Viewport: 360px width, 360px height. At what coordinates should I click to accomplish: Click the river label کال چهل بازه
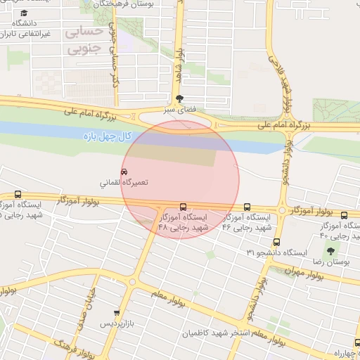(x=105, y=134)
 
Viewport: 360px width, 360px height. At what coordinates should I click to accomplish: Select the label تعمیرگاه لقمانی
(x=124, y=183)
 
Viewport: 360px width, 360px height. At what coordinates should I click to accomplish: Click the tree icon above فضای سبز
(x=180, y=99)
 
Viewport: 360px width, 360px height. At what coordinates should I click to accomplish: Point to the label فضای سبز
(x=179, y=110)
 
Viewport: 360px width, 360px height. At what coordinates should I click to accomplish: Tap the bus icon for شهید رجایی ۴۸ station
(x=184, y=207)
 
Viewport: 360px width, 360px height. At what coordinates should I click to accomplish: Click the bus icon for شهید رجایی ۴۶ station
(x=247, y=207)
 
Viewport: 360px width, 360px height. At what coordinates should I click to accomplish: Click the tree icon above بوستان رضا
(x=330, y=251)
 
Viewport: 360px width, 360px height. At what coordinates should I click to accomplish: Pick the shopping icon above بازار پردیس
(x=117, y=313)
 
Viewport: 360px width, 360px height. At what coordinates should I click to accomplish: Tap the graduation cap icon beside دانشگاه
(x=25, y=13)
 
